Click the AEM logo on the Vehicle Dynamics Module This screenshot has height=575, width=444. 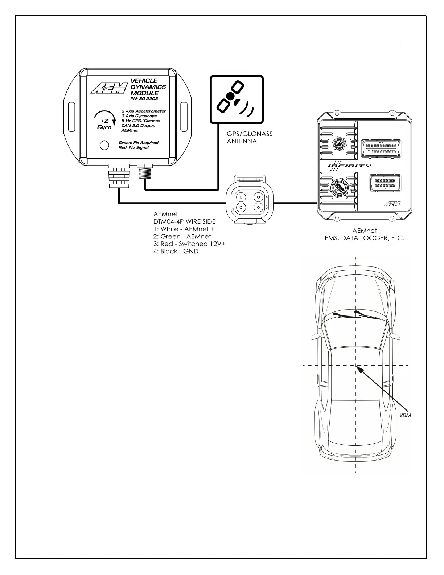[108, 88]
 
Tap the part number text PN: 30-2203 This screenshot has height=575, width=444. [144, 99]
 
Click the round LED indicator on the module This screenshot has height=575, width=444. [104, 146]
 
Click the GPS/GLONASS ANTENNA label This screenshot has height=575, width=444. [250, 138]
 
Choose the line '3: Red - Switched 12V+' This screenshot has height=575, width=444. [189, 244]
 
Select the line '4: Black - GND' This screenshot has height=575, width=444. [176, 252]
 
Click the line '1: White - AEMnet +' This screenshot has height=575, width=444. [184, 229]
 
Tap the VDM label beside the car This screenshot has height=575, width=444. [405, 415]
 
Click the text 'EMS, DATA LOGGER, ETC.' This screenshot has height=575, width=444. [364, 238]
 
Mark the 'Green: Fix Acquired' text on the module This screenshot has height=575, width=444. [138, 143]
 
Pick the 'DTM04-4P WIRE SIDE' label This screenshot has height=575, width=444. [184, 221]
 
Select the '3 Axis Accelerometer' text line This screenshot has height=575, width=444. [144, 111]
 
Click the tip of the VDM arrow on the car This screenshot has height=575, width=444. [357, 367]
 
